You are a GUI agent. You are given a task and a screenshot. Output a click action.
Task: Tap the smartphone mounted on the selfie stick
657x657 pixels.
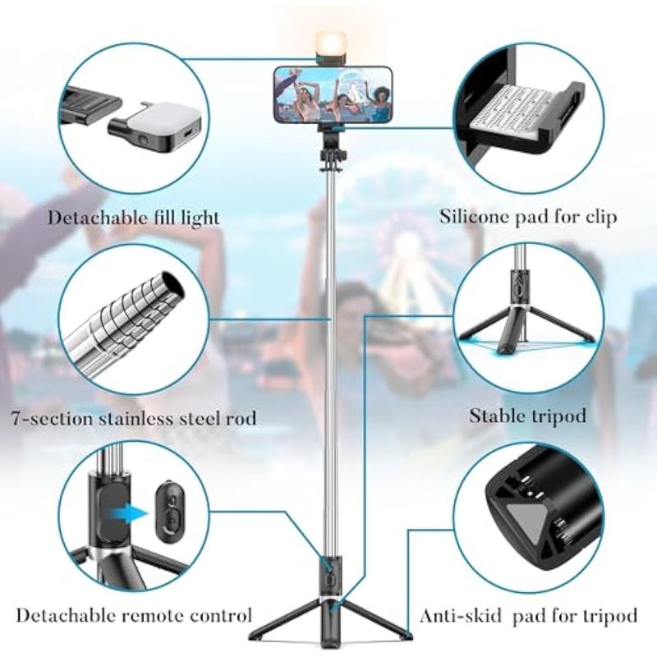[x=333, y=95]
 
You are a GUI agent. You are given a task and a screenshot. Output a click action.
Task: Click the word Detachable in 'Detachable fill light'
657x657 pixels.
[x=96, y=218]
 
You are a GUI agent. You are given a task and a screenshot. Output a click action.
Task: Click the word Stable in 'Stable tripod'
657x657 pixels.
[x=495, y=416]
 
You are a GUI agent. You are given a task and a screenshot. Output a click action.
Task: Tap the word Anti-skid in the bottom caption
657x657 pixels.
[x=460, y=616]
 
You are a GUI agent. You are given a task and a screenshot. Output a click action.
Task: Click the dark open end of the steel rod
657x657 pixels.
[x=173, y=285]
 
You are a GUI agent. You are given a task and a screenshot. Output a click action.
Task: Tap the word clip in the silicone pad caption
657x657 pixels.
[x=600, y=217]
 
